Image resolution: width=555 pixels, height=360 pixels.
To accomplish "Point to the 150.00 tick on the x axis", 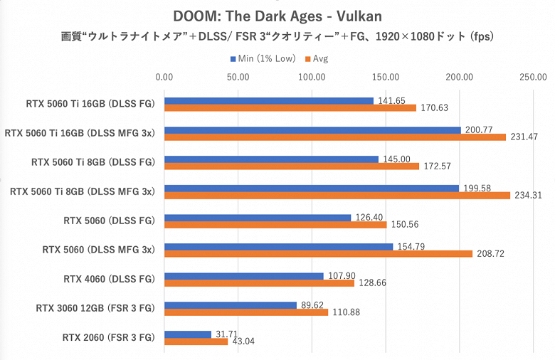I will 386,77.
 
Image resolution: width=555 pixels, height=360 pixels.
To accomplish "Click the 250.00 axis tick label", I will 532,77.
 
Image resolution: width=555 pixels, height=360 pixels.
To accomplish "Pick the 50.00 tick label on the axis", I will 238,77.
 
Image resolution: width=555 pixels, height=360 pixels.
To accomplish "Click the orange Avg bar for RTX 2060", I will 196,342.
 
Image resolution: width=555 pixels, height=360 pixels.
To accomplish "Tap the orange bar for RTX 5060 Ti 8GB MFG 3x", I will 337,196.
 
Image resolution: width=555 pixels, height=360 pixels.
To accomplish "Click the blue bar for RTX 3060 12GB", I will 230,305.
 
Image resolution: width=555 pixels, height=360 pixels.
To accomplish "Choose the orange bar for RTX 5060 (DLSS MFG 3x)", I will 318,254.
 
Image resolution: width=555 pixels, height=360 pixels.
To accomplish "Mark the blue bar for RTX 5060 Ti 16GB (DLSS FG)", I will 268,101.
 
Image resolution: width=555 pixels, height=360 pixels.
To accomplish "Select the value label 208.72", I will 490,253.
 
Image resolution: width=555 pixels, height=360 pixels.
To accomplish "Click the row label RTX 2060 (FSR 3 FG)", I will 107,337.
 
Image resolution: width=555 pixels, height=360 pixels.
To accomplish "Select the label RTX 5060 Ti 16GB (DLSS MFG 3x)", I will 80,133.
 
